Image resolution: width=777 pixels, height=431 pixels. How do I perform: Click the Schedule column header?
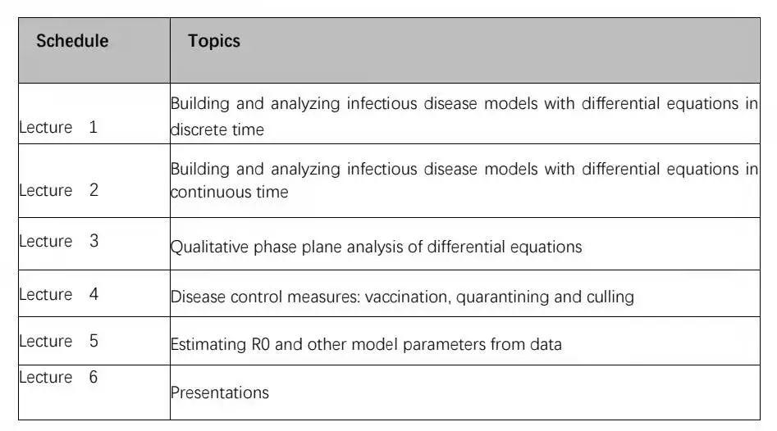(72, 41)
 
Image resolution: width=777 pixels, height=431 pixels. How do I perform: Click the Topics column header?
(214, 41)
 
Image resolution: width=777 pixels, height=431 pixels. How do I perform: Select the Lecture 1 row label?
(58, 127)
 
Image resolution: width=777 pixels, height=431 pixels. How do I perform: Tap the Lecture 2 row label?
(58, 190)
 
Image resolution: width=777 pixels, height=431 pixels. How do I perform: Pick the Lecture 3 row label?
(58, 241)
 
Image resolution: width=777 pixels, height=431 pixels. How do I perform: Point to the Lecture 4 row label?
(58, 294)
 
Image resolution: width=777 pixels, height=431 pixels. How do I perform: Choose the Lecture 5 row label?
(58, 341)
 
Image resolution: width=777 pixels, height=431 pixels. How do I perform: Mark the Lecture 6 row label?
(58, 377)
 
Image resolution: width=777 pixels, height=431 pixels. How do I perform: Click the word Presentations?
(220, 392)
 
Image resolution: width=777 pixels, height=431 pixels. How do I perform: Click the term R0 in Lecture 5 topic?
(261, 344)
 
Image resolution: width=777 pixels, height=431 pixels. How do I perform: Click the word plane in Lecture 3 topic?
(322, 247)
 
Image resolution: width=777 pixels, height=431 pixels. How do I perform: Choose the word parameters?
(445, 345)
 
